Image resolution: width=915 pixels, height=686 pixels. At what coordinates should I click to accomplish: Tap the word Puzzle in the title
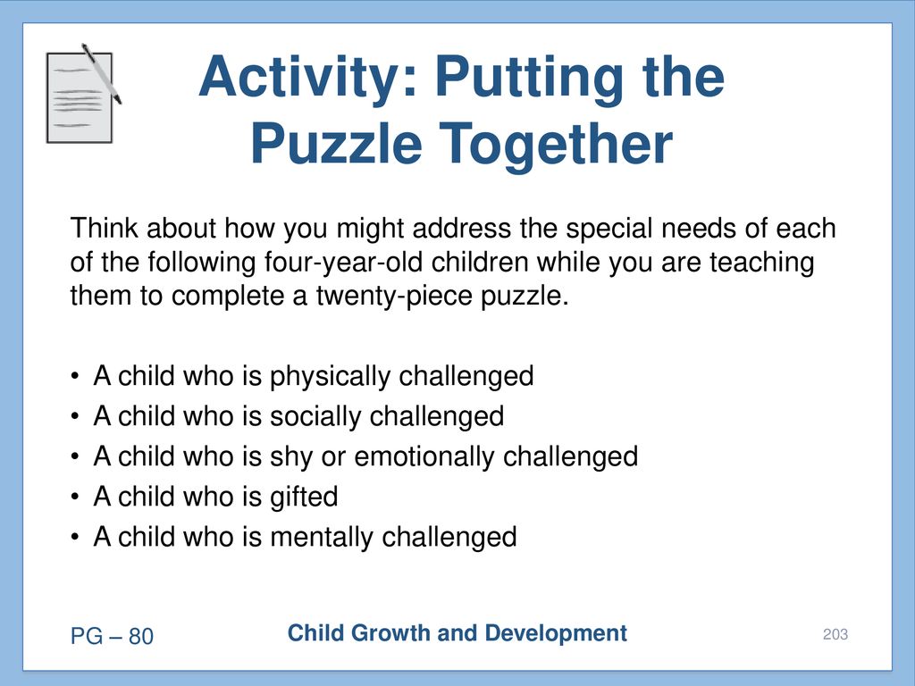pos(337,146)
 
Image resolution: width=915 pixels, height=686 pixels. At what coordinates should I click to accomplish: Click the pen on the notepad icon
pos(102,74)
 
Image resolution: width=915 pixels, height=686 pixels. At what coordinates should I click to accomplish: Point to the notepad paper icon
pos(80,97)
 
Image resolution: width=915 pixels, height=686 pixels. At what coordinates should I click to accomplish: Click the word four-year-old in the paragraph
pos(343,263)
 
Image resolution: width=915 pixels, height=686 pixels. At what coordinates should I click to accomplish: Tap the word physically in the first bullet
pos(329,377)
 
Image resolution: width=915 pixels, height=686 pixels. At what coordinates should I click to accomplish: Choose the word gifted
pos(304,498)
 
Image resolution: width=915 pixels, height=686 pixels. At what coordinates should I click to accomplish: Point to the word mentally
pos(322,538)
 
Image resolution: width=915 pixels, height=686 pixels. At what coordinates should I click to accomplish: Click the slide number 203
pos(835,635)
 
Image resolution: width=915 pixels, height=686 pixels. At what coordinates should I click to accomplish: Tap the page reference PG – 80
pos(112,636)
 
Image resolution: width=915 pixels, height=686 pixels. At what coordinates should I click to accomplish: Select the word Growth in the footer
pos(390,633)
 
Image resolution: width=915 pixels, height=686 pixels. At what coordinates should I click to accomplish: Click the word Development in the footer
pos(556,634)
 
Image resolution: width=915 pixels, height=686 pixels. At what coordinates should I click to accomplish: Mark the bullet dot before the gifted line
pos(74,498)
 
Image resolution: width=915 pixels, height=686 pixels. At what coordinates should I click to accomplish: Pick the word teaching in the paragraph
pos(761,263)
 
